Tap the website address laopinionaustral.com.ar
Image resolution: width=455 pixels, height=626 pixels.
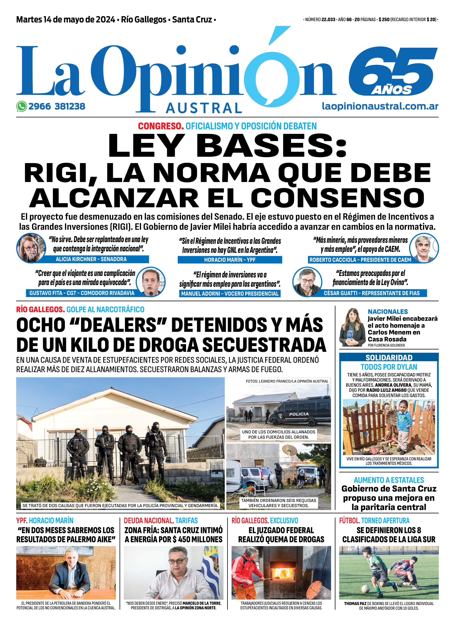click(x=380, y=106)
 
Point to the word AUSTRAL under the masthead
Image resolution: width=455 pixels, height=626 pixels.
click(x=204, y=108)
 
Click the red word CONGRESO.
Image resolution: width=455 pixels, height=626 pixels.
click(x=161, y=126)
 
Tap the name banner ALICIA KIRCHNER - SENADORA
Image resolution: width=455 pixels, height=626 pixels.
click(x=91, y=259)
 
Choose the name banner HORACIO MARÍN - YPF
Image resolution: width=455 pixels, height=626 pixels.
click(x=230, y=260)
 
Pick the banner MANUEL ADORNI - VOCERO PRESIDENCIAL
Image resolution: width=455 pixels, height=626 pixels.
click(x=230, y=294)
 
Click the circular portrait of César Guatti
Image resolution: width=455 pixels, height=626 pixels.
click(x=307, y=282)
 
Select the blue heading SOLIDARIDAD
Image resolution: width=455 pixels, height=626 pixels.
click(x=389, y=358)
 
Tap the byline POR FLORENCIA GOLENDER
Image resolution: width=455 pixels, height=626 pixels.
click(x=386, y=345)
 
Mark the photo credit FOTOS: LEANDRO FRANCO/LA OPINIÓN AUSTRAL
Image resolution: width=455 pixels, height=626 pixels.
click(x=287, y=381)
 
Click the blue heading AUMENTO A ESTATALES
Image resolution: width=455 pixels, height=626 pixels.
click(x=389, y=480)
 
